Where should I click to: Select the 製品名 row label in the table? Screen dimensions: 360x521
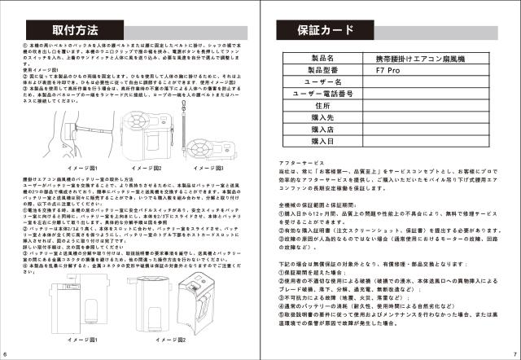323,59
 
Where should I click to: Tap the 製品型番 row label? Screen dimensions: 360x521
323,71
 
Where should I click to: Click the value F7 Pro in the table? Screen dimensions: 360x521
387,71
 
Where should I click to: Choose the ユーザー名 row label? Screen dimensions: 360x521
323,83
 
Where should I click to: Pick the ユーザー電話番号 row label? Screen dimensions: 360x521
323,94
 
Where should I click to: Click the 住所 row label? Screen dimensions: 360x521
323,106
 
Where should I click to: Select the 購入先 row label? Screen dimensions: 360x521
323,117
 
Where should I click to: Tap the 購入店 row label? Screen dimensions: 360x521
323,129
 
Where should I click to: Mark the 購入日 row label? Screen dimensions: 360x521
323,140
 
